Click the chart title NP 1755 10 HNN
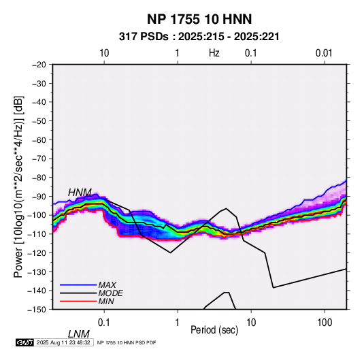coord(199,19)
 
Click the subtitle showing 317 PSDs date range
coord(199,37)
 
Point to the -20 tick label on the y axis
coord(39,65)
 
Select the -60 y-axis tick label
coord(39,140)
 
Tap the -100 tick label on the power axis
coord(37,215)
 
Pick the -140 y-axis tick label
coord(37,291)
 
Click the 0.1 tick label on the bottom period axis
coord(104,323)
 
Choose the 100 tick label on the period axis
coord(325,323)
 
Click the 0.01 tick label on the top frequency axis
coord(324,53)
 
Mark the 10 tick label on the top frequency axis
coord(104,53)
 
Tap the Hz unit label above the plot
coord(214,53)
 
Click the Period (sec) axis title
coord(214,330)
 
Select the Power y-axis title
coord(18,186)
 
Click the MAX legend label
coord(107,285)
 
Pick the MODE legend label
coord(110,293)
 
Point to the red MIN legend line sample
coord(78,301)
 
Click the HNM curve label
coord(80,193)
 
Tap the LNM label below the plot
coord(78,334)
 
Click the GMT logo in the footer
coord(24,342)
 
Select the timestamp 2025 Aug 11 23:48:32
coord(63,342)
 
